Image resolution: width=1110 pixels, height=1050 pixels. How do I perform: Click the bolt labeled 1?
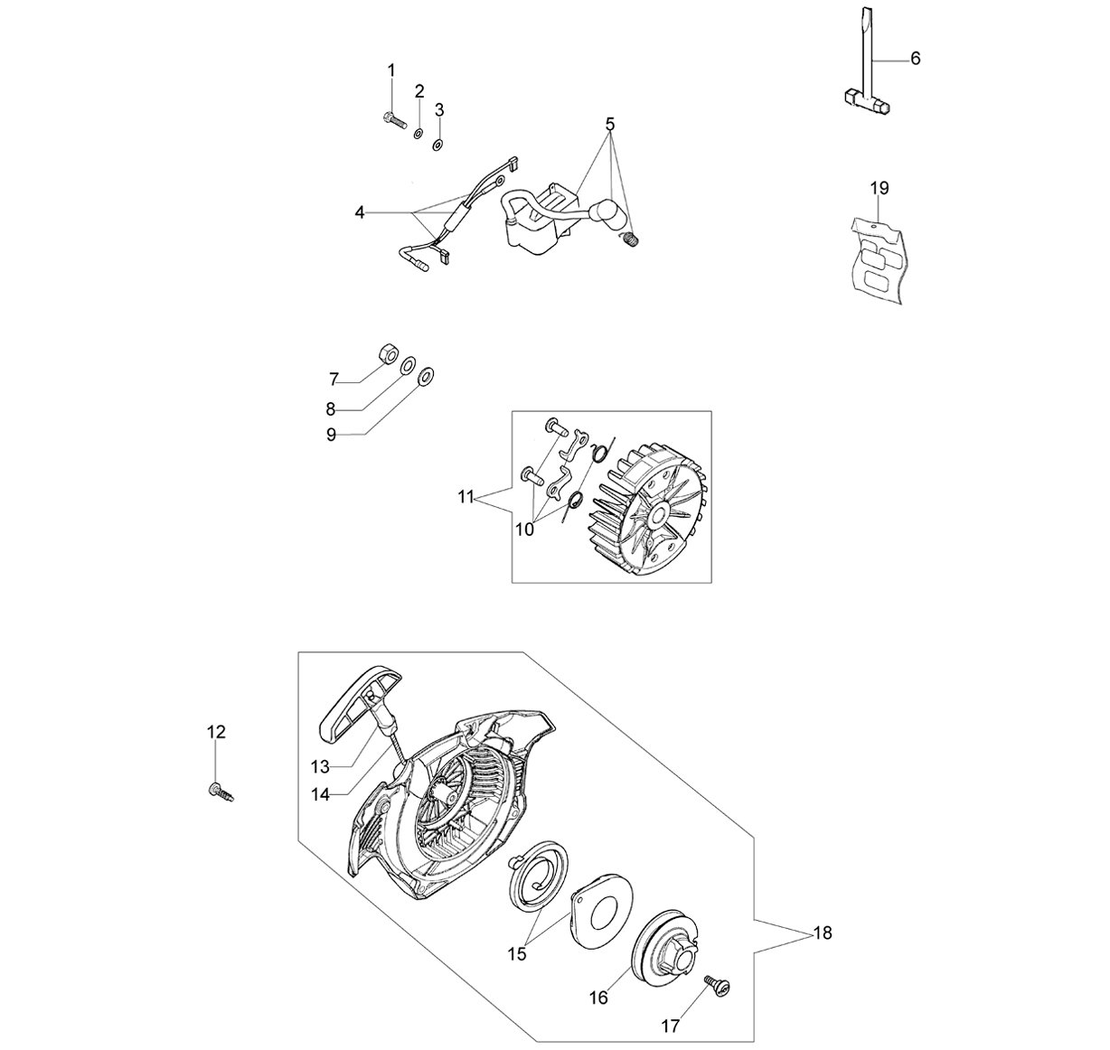point(394,120)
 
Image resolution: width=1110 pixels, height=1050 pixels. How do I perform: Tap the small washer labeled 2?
point(418,134)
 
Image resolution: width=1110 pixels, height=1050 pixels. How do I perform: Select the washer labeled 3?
point(437,145)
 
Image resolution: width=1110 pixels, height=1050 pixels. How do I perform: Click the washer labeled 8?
point(407,365)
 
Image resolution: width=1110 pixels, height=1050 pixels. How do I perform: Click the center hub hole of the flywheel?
point(658,515)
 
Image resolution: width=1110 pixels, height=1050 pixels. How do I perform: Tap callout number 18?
point(823,933)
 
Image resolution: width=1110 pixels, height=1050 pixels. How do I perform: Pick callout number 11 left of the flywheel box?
point(466,497)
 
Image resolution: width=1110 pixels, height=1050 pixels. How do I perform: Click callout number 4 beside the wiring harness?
point(360,213)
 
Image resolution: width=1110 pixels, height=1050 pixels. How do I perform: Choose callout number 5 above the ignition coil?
point(609,124)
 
